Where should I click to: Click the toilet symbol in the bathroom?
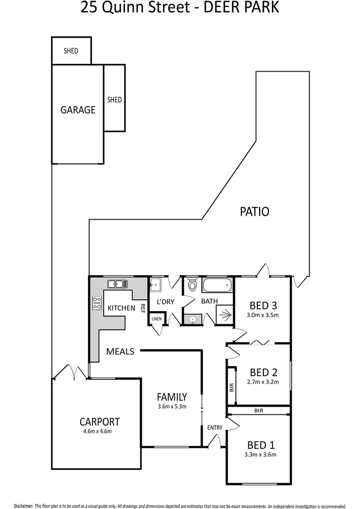(192, 285)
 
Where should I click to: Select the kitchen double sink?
(117, 284)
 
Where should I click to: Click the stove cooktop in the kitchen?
(98, 303)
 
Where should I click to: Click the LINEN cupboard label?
(156, 319)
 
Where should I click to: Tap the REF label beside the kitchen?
(141, 308)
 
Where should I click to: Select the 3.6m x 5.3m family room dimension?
(172, 406)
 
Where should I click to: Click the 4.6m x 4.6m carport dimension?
(99, 431)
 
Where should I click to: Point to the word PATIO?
(255, 212)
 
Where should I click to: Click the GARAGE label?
(78, 110)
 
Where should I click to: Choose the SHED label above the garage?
(71, 51)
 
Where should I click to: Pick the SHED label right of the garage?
(115, 99)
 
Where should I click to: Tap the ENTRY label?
(214, 427)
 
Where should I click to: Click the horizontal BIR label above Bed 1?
(259, 411)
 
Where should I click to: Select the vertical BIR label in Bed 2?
(231, 387)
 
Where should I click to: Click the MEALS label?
(120, 351)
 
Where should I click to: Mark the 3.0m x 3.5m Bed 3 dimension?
(263, 315)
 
